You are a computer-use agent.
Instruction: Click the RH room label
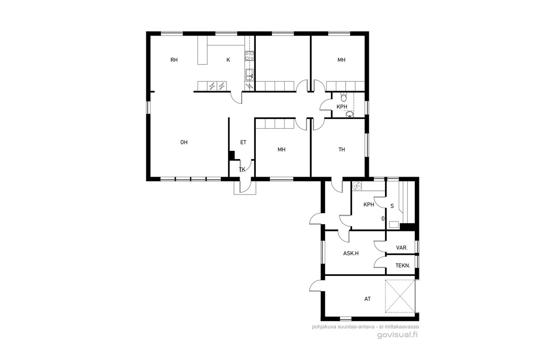[x=174, y=60]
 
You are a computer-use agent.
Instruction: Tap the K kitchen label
[x=228, y=60]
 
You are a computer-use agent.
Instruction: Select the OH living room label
[x=184, y=142]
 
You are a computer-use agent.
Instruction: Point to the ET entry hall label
[x=243, y=142]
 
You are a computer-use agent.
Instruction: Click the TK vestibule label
[x=242, y=169]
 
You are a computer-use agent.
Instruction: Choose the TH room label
[x=341, y=149]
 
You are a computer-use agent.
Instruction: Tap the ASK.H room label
[x=351, y=253]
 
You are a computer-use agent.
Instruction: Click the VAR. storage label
[x=402, y=248]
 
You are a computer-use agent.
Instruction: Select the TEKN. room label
[x=403, y=266]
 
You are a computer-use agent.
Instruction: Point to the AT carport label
[x=367, y=299]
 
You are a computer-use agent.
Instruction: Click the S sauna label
[x=392, y=206]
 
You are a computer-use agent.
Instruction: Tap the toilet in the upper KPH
[x=343, y=97]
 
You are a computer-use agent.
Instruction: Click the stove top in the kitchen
[x=250, y=56]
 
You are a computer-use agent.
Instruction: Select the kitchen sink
[x=250, y=73]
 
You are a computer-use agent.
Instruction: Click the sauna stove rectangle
[x=394, y=225]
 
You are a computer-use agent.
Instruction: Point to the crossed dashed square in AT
[x=400, y=296]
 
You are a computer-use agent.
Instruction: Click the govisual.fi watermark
[x=398, y=335]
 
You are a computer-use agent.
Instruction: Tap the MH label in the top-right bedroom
[x=341, y=60]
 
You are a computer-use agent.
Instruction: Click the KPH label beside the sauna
[x=369, y=205]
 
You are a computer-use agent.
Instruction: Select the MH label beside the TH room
[x=282, y=149]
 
